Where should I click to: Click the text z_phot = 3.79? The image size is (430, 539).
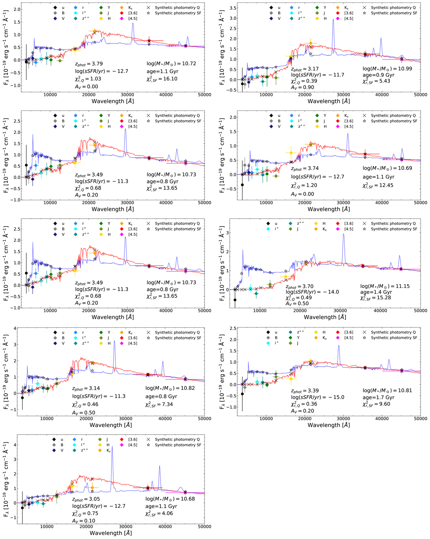[89, 64]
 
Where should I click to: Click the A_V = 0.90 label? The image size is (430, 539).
[302, 87]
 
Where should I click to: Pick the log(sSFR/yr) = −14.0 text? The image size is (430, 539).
[312, 292]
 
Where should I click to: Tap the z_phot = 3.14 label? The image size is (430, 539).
[86, 388]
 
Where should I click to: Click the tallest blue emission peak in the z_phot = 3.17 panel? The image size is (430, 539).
[333, 20]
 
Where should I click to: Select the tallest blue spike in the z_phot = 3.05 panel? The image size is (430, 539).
[112, 447]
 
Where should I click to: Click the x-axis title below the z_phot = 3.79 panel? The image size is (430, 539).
[113, 101]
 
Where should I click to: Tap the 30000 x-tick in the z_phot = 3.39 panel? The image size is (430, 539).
[343, 418]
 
